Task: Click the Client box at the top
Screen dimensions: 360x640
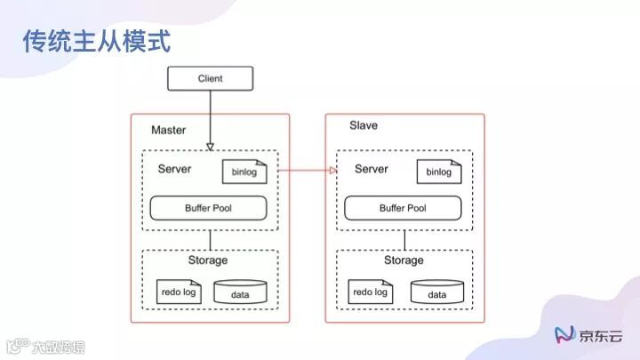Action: pos(211,78)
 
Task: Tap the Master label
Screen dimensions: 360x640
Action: pos(168,130)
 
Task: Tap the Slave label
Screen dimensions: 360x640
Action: pos(363,125)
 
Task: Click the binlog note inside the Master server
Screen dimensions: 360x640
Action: pos(244,172)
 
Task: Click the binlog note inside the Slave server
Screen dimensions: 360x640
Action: pos(438,172)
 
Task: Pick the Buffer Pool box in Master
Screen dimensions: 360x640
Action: pos(210,208)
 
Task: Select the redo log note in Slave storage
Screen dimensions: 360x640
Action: pos(370,291)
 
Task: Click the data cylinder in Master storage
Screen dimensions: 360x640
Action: pos(240,293)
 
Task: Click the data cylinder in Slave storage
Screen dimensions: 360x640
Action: pos(436,292)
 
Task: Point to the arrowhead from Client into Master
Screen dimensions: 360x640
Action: pos(211,146)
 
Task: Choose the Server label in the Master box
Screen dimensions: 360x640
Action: pos(174,169)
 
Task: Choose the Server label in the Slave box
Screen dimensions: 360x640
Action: pos(371,169)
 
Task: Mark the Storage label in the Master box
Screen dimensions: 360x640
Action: pos(207,260)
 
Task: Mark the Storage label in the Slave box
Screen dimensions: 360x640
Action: pos(404,260)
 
